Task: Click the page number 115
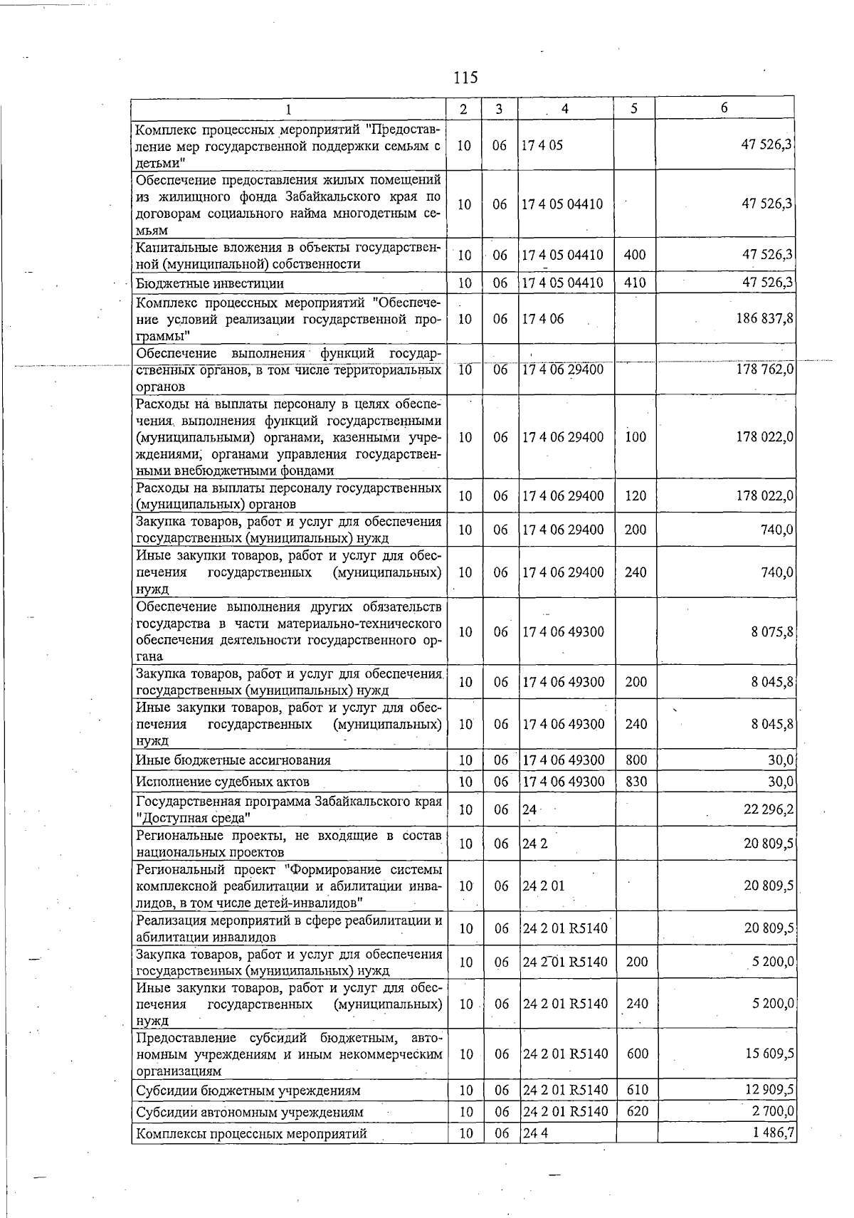pos(465,77)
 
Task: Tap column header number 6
pos(724,108)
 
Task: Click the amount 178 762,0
pos(764,369)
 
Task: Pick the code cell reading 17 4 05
pos(542,145)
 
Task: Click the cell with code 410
pos(634,283)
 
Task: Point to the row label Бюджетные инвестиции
pos(210,283)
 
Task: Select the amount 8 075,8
pos(772,631)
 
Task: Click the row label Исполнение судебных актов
pos(222,782)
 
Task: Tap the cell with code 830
pos(636,781)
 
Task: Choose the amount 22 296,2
pos(769,809)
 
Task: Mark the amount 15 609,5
pos(769,1054)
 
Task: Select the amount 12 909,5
pos(769,1090)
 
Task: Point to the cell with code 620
pos(637,1111)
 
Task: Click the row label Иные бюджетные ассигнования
pos(233,760)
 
